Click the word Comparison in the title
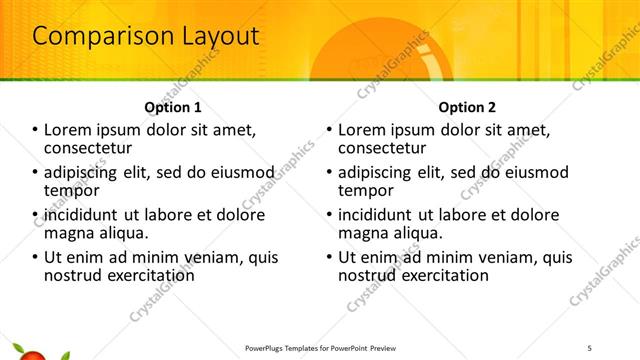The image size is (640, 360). [x=89, y=36]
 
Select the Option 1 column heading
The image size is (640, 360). [x=173, y=107]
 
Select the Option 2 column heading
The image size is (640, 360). [x=466, y=107]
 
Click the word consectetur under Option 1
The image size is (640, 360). [x=91, y=148]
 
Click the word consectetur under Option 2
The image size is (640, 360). [x=384, y=148]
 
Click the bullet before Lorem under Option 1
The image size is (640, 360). [x=36, y=131]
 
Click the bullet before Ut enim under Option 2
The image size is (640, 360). [x=329, y=257]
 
